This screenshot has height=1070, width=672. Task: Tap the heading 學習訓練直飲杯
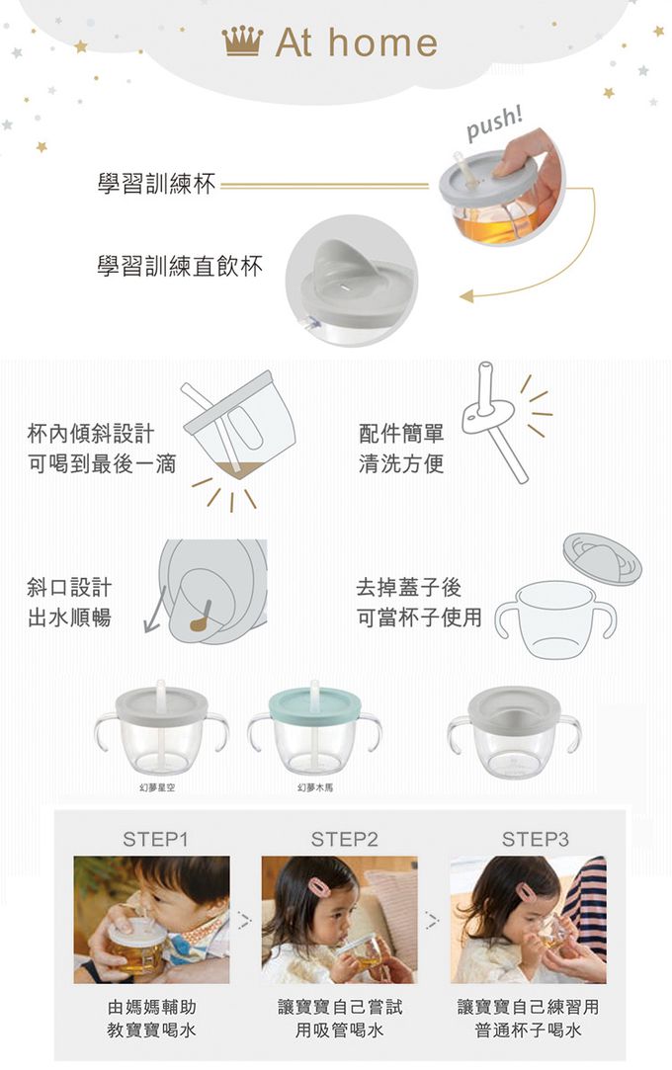(x=180, y=266)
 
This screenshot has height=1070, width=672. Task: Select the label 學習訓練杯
(x=156, y=184)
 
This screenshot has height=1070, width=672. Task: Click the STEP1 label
(x=155, y=839)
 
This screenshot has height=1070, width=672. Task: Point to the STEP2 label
(x=344, y=839)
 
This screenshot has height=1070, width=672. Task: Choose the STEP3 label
(x=535, y=839)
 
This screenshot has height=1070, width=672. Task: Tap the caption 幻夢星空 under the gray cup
(x=157, y=787)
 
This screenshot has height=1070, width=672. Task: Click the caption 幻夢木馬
(x=315, y=787)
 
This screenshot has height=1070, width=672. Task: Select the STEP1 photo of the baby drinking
(x=151, y=920)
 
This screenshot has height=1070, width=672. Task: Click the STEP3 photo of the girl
(x=528, y=920)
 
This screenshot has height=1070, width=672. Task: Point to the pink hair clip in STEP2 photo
(x=318, y=886)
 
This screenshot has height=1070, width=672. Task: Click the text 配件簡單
(x=401, y=433)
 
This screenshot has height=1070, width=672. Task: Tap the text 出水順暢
(x=69, y=617)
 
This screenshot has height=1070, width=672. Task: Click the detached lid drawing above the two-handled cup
(x=602, y=559)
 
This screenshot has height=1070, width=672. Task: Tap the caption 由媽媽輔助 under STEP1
(x=151, y=1007)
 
